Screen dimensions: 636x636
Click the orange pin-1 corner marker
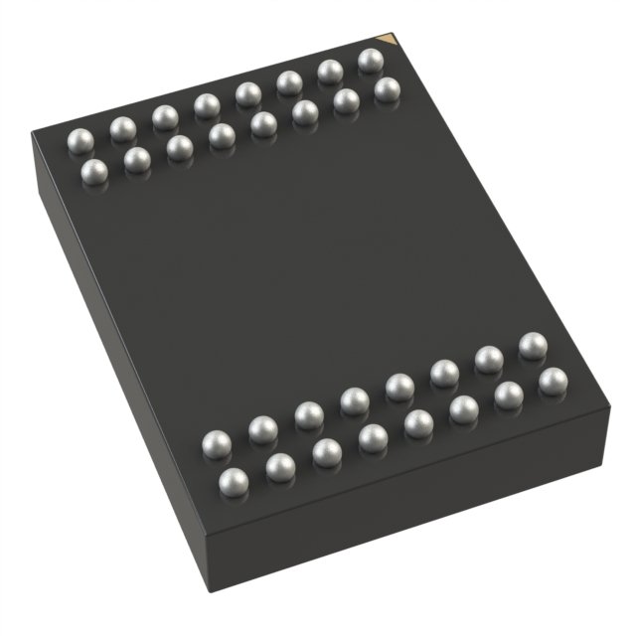(x=391, y=40)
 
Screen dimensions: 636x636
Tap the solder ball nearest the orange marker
(x=370, y=61)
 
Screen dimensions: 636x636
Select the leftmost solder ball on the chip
(x=80, y=139)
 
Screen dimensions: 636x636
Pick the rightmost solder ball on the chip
(x=553, y=381)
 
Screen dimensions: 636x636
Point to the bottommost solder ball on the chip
(x=233, y=483)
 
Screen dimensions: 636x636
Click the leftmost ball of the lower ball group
(x=216, y=444)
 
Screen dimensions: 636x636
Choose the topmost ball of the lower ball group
(x=533, y=346)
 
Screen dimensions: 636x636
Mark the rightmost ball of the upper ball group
(x=387, y=90)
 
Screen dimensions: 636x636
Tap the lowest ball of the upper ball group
(x=94, y=172)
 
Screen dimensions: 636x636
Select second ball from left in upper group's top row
(x=123, y=128)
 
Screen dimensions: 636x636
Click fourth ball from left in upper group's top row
(x=207, y=105)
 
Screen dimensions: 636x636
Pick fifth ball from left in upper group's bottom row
(x=263, y=123)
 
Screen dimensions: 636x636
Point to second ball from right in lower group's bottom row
(x=508, y=396)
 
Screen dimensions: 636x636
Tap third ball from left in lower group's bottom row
(x=326, y=453)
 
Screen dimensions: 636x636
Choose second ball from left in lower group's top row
(x=262, y=429)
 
